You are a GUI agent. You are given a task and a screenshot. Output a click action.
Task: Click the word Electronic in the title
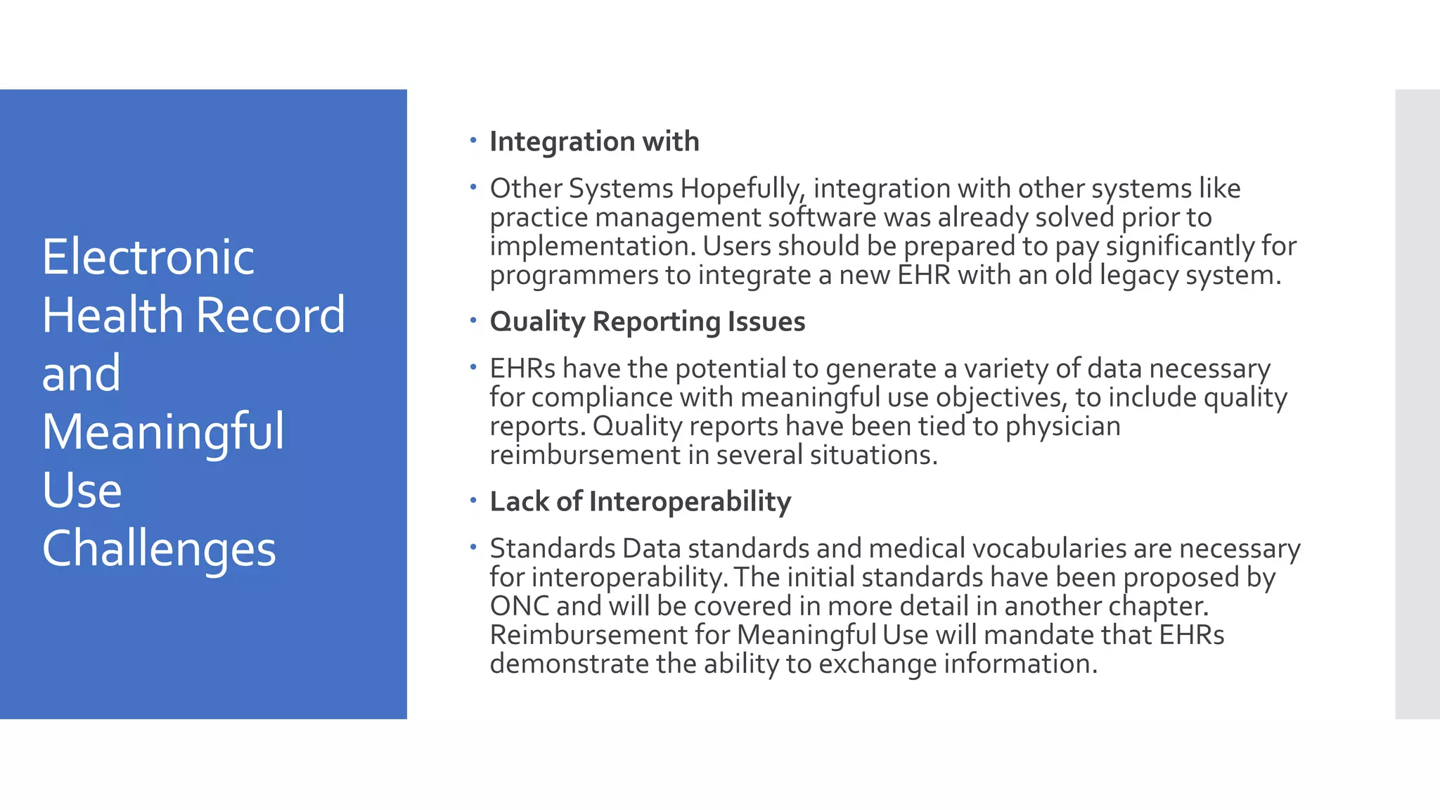[148, 257]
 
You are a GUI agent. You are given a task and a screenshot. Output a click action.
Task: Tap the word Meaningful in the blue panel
[163, 432]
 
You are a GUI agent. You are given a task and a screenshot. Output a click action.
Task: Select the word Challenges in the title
[159, 548]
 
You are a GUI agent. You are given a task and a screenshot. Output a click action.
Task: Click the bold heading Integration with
[594, 142]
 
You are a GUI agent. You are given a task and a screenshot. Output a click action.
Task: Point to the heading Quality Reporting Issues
[647, 322]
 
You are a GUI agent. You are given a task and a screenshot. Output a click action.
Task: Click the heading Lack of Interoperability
[640, 502]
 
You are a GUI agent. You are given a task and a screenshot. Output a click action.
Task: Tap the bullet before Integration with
[473, 140]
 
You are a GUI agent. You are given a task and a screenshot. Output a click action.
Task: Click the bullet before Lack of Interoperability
[473, 500]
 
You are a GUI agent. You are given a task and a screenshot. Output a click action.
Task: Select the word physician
[1062, 427]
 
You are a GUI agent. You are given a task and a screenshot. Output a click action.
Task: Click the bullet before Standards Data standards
[473, 546]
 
